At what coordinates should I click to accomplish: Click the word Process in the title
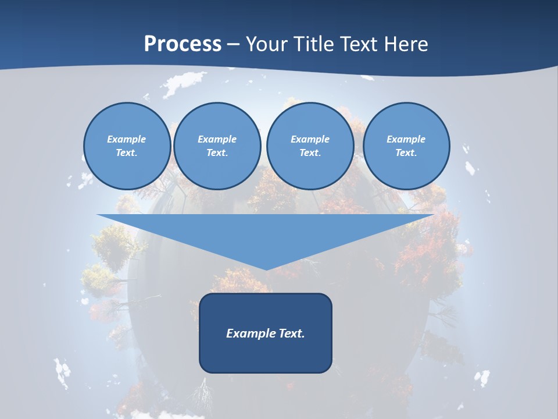coord(183,44)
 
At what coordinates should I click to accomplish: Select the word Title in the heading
coord(314,44)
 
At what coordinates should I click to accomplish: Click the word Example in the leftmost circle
coord(127,139)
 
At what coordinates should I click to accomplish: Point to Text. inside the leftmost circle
coord(127,152)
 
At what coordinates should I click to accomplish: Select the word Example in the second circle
coord(217,139)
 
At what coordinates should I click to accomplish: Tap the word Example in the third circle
coord(310,139)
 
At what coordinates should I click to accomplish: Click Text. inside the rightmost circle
coord(406,152)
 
